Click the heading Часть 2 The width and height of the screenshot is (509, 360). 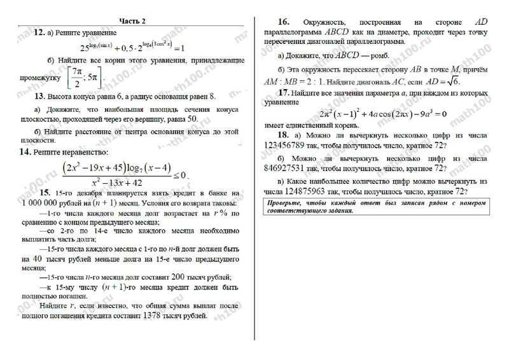coord(130,21)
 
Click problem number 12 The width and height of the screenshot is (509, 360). coord(39,31)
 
